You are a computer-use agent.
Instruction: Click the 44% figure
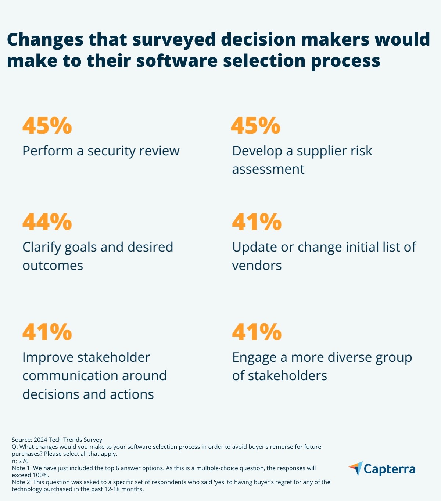click(47, 221)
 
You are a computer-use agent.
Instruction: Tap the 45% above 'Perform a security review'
click(47, 126)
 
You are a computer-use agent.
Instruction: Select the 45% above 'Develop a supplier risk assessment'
click(256, 126)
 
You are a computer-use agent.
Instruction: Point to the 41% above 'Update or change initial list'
click(257, 221)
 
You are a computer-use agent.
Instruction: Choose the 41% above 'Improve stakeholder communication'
click(47, 332)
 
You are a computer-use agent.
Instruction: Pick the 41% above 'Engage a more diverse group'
click(257, 332)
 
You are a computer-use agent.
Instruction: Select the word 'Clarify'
click(42, 247)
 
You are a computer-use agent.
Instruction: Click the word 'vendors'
click(257, 266)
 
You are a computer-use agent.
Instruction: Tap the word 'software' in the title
click(177, 61)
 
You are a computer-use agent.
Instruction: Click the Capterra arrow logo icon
click(356, 469)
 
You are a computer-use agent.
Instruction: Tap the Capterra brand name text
click(390, 469)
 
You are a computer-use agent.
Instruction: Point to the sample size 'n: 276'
click(20, 461)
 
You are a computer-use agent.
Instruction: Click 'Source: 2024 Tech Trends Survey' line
click(57, 440)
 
